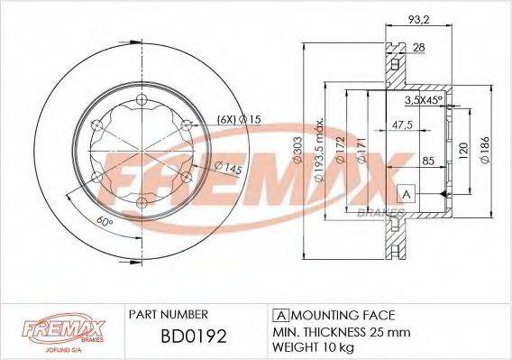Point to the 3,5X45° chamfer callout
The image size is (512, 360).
(425, 100)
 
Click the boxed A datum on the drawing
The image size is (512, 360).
(405, 195)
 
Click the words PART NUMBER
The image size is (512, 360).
(169, 315)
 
